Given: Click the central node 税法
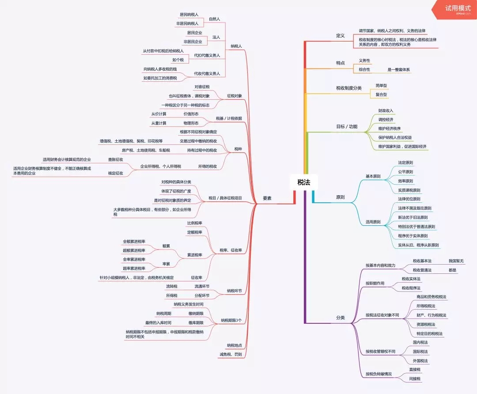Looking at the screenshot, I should click(304, 182).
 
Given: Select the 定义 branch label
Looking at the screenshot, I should click(340, 36).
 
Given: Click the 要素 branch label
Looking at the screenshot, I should click(267, 198).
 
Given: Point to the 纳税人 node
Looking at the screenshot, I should click(236, 46).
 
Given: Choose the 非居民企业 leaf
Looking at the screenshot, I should click(193, 42).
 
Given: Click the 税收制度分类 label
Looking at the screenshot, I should click(348, 88).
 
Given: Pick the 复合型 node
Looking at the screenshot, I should click(381, 95).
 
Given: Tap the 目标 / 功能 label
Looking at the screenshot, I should click(347, 127).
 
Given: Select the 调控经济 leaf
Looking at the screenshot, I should click(386, 120).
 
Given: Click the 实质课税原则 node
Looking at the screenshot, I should click(409, 190).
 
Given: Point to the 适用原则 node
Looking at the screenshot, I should click(373, 222).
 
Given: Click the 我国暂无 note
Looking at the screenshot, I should click(456, 261).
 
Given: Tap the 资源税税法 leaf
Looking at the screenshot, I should click(426, 324).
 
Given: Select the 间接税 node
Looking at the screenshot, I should click(415, 379).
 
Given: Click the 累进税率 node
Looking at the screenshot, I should click(195, 255).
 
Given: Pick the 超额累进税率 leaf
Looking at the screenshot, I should click(134, 250).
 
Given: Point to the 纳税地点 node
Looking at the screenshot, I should click(234, 345).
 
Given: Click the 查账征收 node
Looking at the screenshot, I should click(115, 159).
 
